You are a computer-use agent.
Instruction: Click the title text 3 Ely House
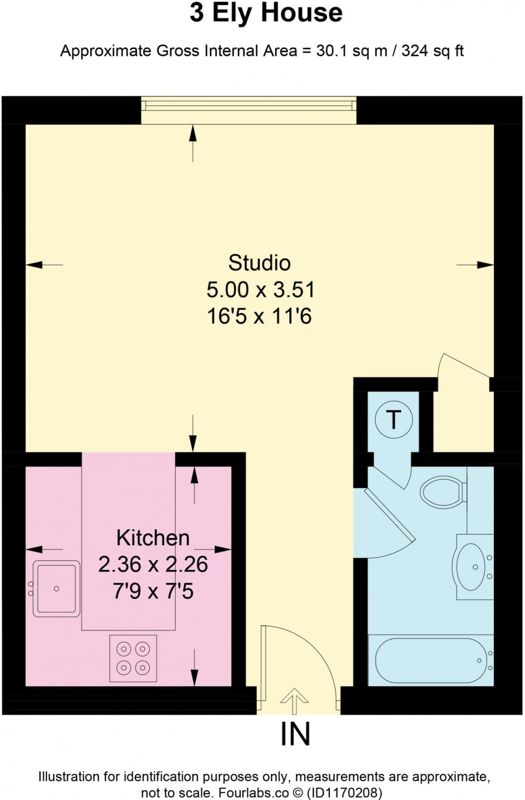[266, 13]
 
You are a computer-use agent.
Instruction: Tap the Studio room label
[259, 263]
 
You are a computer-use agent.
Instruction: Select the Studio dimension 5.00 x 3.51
[260, 290]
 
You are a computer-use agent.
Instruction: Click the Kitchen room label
[153, 538]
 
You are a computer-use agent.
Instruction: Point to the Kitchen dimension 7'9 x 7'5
[153, 591]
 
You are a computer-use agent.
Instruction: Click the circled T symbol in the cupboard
[394, 420]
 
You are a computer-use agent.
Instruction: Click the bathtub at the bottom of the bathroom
[430, 661]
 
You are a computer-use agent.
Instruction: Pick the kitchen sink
[57, 589]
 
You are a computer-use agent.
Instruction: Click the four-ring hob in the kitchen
[133, 658]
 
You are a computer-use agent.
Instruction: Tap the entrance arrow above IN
[294, 701]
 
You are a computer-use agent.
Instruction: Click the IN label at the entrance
[295, 734]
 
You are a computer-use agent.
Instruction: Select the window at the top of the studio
[249, 106]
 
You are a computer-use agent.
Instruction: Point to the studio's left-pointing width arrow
[44, 265]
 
